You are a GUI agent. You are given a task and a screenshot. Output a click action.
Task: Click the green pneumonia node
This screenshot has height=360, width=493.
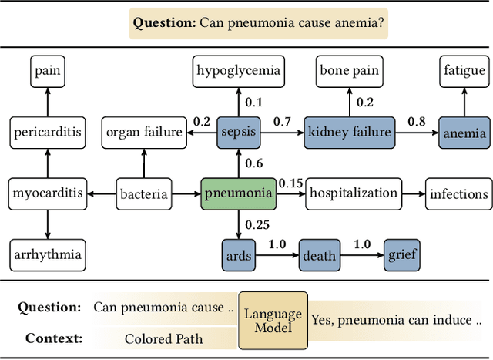(x=238, y=193)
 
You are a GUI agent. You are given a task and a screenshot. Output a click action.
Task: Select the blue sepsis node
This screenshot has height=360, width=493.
(x=239, y=133)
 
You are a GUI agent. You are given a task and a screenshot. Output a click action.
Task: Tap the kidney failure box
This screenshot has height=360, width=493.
(x=349, y=133)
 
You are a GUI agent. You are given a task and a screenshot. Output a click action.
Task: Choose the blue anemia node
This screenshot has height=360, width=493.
(x=464, y=133)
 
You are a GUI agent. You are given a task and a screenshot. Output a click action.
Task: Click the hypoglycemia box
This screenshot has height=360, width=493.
(x=238, y=71)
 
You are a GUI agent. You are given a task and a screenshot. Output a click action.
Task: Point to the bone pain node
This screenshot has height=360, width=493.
(x=349, y=71)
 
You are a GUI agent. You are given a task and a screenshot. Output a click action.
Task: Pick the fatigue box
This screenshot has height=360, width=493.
(x=464, y=71)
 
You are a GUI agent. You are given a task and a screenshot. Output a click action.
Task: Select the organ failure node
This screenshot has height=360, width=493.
(x=144, y=133)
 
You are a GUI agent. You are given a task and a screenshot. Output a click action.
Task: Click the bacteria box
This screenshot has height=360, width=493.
(x=144, y=193)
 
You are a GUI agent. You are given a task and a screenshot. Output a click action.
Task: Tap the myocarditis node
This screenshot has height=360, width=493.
(x=48, y=193)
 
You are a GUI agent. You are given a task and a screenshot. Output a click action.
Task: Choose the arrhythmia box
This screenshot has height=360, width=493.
(x=48, y=254)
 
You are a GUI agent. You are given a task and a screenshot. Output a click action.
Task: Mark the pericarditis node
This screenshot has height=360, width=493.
(x=48, y=133)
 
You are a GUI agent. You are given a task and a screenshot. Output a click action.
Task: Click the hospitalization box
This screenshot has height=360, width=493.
(x=354, y=193)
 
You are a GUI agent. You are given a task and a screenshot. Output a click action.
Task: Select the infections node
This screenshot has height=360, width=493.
(x=459, y=193)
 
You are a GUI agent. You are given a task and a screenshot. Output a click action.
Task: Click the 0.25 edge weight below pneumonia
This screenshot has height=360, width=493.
(x=257, y=224)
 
